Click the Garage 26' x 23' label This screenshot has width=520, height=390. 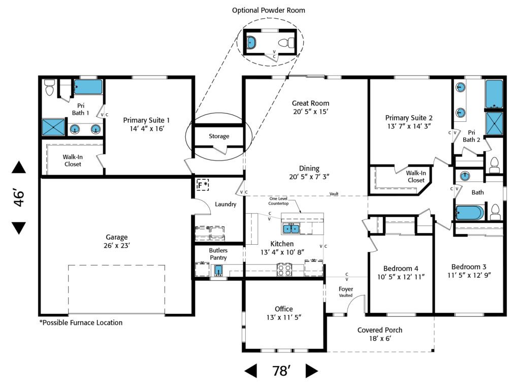pyautogui.click(x=117, y=241)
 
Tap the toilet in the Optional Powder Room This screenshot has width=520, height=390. pyautogui.click(x=289, y=42)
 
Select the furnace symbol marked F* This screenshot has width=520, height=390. pyautogui.click(x=203, y=185)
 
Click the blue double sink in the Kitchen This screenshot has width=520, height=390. pyautogui.click(x=291, y=229)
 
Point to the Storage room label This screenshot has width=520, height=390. pyautogui.click(x=219, y=136)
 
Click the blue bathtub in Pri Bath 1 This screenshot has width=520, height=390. pyautogui.click(x=88, y=87)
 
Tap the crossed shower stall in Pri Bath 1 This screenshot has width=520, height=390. pyautogui.click(x=53, y=127)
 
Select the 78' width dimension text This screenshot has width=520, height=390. pyautogui.click(x=281, y=371)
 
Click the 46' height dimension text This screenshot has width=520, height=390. pyautogui.click(x=19, y=198)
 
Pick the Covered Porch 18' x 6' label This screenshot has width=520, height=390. pyautogui.click(x=380, y=334)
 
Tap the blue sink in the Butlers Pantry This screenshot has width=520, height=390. pyautogui.click(x=219, y=270)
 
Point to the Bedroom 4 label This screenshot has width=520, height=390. pyautogui.click(x=401, y=272)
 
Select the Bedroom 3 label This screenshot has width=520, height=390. pyautogui.click(x=469, y=271)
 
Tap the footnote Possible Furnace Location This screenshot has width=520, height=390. pyautogui.click(x=81, y=322)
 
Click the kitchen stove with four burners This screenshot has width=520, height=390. pyautogui.click(x=283, y=270)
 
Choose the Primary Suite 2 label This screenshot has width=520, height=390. pyautogui.click(x=408, y=122)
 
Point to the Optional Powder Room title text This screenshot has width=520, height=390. pyautogui.click(x=269, y=10)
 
